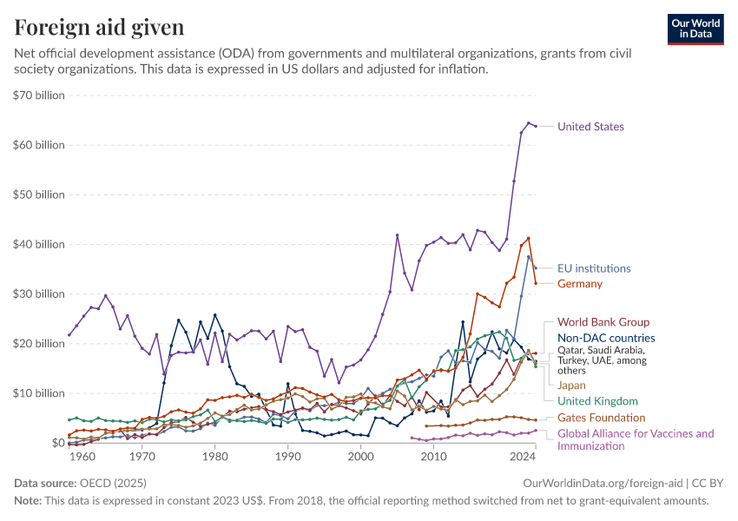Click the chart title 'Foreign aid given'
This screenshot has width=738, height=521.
(x=99, y=28)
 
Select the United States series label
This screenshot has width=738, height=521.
(x=590, y=127)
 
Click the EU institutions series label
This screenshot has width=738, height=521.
(x=594, y=269)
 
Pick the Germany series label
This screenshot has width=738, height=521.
(x=580, y=284)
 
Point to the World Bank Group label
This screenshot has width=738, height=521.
(x=603, y=322)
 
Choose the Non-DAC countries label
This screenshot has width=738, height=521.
(x=606, y=339)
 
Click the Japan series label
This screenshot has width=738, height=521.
(x=571, y=385)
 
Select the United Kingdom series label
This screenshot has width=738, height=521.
(x=597, y=401)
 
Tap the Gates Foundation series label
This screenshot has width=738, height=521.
(x=601, y=418)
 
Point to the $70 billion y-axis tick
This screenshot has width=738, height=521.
(x=39, y=96)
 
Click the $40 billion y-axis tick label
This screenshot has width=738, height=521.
(x=39, y=244)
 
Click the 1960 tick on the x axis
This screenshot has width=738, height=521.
(x=82, y=457)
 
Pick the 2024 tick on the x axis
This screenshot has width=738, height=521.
(x=523, y=457)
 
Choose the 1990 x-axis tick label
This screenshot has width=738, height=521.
(x=289, y=457)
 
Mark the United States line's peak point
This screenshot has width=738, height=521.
(x=529, y=123)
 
